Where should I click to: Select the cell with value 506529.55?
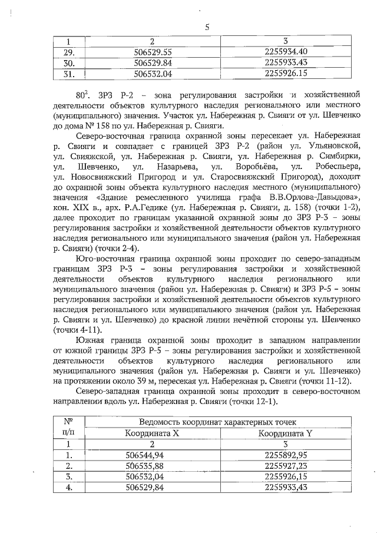tap(153, 51)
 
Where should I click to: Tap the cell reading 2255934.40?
tap(287, 51)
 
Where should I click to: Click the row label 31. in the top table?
tap(69, 74)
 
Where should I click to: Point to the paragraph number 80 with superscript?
tap(81, 94)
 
